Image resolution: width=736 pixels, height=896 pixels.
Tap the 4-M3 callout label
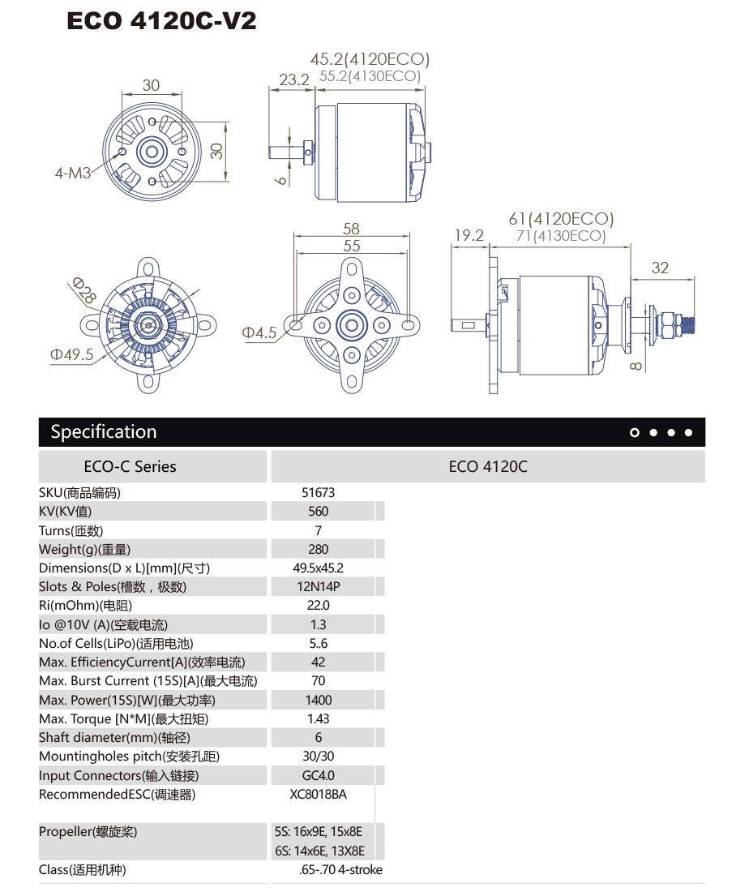click(x=72, y=173)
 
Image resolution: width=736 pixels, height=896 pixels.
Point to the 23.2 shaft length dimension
click(x=294, y=79)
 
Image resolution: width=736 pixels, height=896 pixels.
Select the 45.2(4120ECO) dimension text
click(x=370, y=59)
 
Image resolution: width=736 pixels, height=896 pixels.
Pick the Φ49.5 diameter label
click(x=71, y=354)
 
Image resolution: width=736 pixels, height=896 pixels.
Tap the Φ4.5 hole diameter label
click(x=259, y=332)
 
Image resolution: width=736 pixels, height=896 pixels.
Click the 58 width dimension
click(x=351, y=229)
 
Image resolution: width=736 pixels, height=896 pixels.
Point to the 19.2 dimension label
click(x=469, y=235)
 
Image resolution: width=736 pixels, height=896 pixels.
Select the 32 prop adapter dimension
click(x=661, y=268)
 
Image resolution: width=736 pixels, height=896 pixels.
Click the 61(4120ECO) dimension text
click(x=561, y=219)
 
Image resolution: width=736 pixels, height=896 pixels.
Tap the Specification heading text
click(x=104, y=431)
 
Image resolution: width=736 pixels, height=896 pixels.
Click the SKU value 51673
click(x=318, y=492)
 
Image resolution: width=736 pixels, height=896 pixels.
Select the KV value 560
click(x=319, y=511)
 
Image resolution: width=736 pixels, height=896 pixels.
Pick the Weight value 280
click(x=319, y=549)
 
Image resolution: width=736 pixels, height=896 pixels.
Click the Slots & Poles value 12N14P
click(x=319, y=586)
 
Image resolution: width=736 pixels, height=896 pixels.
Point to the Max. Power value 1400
click(x=319, y=700)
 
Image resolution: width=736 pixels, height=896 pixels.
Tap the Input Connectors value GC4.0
click(x=319, y=775)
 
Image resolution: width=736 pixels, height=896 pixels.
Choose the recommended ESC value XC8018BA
click(x=319, y=794)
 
